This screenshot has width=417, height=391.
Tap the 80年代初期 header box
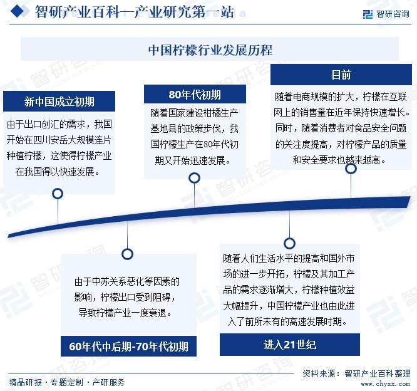[194, 95]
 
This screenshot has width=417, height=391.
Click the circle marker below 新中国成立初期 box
[58, 194]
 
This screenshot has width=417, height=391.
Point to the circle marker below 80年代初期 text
[194, 179]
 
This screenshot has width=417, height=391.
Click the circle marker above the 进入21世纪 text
[289, 243]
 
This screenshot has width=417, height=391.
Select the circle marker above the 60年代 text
[128, 254]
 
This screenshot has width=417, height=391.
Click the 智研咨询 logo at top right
[385, 13]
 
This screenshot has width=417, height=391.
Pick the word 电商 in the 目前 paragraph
[314, 97]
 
